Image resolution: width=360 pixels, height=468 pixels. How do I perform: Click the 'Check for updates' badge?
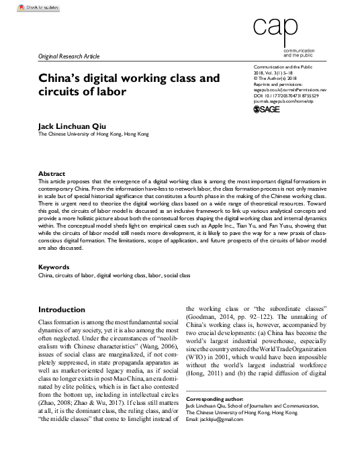coord(30,7)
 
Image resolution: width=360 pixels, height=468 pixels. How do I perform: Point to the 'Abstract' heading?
coord(52,173)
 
